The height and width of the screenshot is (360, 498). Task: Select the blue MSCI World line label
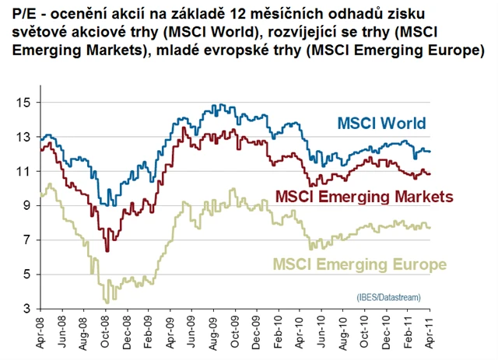point(381,124)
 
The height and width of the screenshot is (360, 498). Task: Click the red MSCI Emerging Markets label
point(364,194)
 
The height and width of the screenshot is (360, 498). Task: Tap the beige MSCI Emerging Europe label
point(359,264)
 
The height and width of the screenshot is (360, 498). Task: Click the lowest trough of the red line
point(107,251)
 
